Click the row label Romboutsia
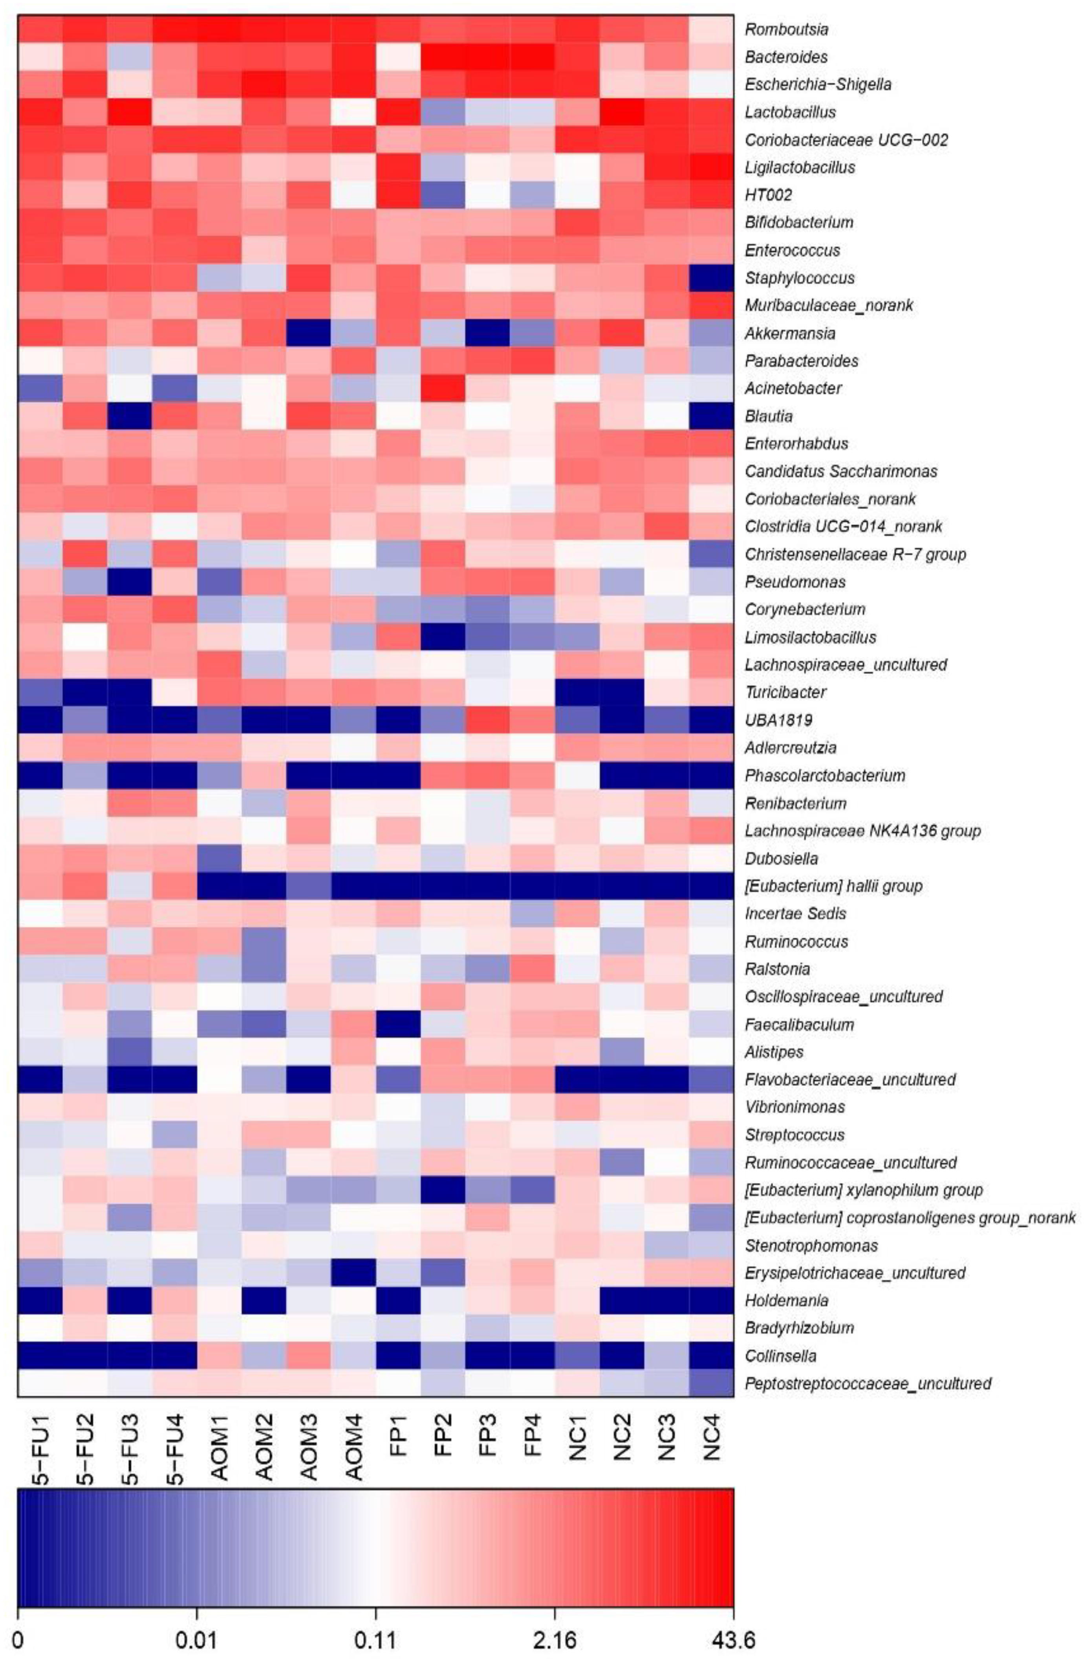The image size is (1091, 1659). click(786, 29)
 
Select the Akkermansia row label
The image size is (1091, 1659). click(790, 333)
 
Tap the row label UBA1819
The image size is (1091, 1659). click(779, 720)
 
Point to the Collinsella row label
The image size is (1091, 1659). click(780, 1355)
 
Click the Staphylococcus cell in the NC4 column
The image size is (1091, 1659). click(712, 277)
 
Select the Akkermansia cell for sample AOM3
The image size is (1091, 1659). click(309, 333)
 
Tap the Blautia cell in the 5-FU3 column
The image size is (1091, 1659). click(130, 416)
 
